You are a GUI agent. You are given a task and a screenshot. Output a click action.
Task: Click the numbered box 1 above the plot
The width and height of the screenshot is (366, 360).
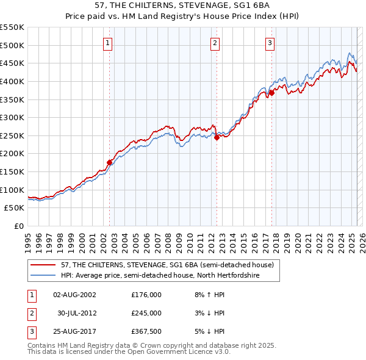(x=107, y=43)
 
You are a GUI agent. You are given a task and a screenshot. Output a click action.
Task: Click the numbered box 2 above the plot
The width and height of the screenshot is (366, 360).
(x=215, y=43)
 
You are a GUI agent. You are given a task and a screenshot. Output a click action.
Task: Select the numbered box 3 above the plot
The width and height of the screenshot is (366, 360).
(x=270, y=43)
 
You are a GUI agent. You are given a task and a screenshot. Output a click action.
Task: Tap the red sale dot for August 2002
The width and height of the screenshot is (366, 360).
(x=110, y=162)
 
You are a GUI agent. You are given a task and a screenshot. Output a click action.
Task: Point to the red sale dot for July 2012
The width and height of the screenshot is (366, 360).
(x=217, y=137)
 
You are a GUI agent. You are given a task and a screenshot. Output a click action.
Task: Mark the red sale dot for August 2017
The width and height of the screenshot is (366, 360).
(x=271, y=93)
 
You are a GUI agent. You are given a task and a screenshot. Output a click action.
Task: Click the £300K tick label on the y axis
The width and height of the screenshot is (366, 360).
(x=12, y=117)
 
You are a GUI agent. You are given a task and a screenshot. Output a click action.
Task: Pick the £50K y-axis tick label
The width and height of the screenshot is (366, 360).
(x=15, y=208)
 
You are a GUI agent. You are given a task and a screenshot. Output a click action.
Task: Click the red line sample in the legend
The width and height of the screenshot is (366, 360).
(x=43, y=265)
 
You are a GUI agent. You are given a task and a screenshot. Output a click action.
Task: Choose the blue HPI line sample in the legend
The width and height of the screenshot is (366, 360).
(x=43, y=276)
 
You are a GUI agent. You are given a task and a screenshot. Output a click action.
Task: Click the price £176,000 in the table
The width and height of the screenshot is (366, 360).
(x=146, y=294)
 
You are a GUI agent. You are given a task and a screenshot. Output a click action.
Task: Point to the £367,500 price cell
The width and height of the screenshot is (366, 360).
(x=146, y=332)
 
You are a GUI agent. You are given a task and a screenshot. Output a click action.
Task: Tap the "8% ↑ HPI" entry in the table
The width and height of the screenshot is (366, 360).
(x=209, y=294)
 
